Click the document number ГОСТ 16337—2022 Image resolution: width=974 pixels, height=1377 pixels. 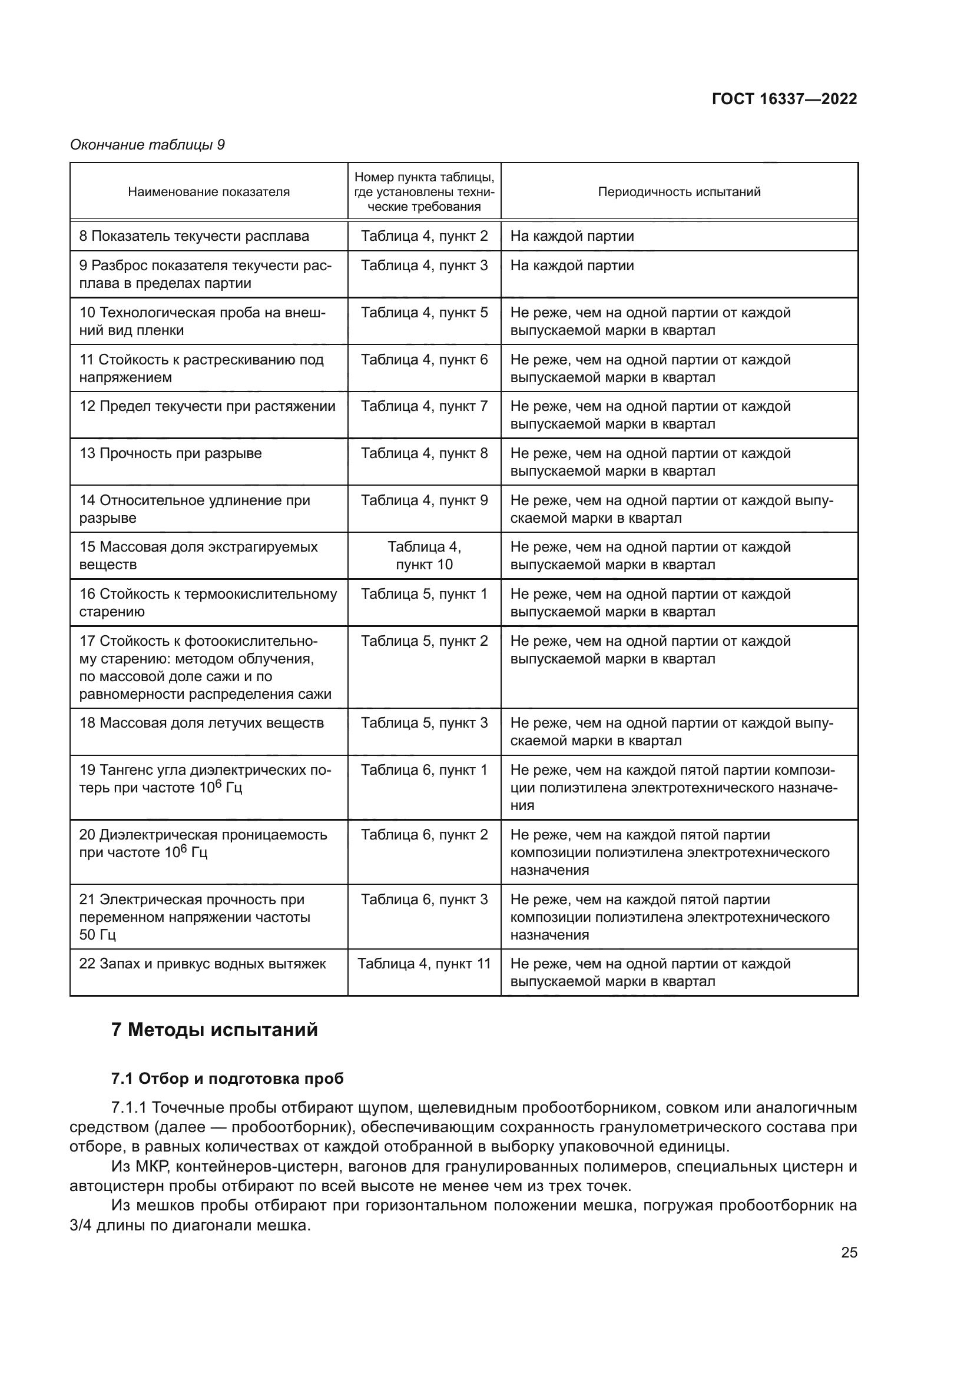(x=784, y=99)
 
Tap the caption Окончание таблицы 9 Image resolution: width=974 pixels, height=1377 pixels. (x=148, y=145)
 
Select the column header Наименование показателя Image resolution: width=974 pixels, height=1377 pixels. (x=208, y=192)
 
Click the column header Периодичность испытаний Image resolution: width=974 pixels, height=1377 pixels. (x=679, y=192)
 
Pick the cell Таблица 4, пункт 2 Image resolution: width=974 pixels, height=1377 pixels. (x=424, y=236)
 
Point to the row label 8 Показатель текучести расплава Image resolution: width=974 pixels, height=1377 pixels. (x=194, y=236)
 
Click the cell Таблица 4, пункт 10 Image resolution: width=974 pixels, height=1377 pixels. (x=424, y=556)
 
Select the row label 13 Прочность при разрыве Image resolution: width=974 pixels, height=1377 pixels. (x=171, y=453)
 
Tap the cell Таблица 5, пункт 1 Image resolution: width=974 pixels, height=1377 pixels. (x=424, y=595)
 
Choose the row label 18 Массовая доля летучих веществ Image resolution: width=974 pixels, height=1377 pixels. (x=201, y=724)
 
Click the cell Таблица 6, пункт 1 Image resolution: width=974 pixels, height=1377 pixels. (x=424, y=770)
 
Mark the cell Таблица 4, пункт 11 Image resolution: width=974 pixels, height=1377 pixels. (x=424, y=964)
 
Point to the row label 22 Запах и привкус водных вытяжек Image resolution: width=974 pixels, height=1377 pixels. (x=203, y=964)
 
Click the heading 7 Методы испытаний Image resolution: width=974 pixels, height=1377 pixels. (x=215, y=1030)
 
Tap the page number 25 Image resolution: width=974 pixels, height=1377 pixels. (x=849, y=1252)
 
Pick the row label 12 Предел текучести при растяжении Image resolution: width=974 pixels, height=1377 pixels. (x=207, y=407)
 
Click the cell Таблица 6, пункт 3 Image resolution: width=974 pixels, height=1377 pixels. (x=424, y=900)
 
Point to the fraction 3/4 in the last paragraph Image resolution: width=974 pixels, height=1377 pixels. (x=80, y=1225)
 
